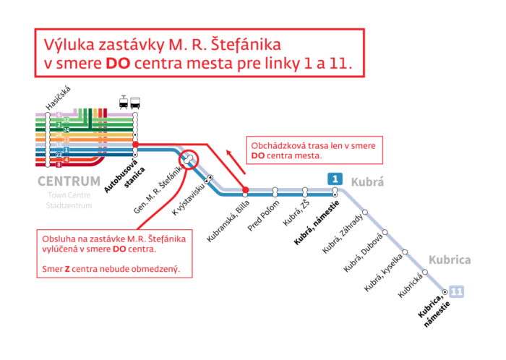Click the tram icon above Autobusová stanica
pyautogui.click(x=124, y=101)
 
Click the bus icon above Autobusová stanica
pyautogui.click(x=135, y=101)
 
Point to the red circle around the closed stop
pyautogui.click(x=189, y=158)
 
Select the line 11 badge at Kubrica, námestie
pyautogui.click(x=456, y=291)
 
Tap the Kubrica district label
pyautogui.click(x=450, y=260)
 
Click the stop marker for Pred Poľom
pyautogui.click(x=275, y=192)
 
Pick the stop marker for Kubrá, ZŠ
pyautogui.click(x=305, y=192)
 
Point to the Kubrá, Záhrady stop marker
pyautogui.click(x=366, y=212)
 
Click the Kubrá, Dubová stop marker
pyautogui.click(x=386, y=232)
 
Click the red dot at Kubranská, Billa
pyautogui.click(x=246, y=191)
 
